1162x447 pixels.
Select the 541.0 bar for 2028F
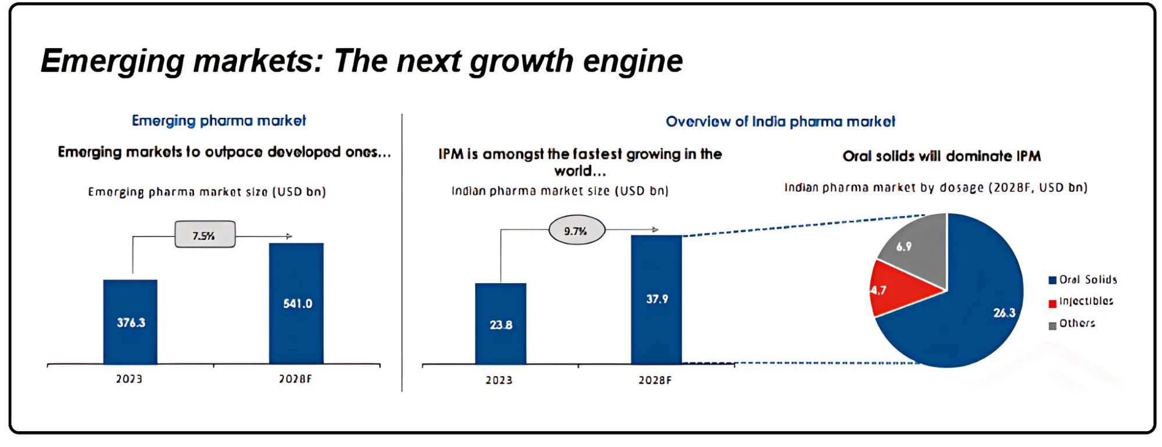[296, 303]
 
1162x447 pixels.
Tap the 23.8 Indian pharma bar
[500, 324]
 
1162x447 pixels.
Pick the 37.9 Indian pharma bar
[656, 299]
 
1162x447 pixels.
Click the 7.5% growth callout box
[205, 235]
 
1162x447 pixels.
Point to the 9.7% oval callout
[576, 231]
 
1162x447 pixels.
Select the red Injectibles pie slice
[898, 288]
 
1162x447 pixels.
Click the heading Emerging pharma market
[219, 121]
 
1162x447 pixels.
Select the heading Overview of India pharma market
[780, 121]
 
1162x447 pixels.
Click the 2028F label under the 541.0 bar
[295, 379]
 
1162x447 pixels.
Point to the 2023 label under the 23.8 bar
[499, 380]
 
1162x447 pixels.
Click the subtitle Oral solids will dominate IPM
[941, 156]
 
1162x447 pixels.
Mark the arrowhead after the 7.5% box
[289, 236]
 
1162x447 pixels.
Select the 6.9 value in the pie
[903, 246]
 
